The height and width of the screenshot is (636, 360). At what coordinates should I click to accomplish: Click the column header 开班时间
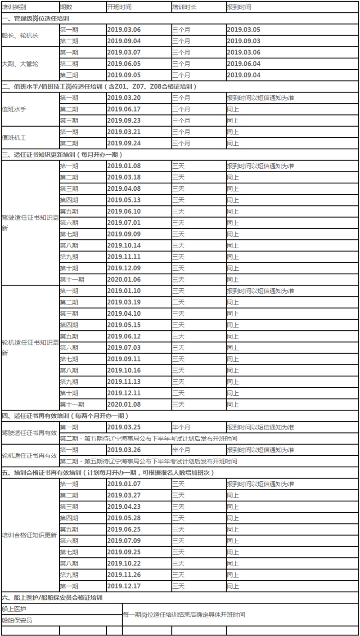pyautogui.click(x=119, y=7)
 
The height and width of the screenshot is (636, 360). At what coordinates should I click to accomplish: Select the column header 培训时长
pyautogui.click(x=184, y=7)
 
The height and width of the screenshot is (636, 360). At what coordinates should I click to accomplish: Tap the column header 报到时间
pyautogui.click(x=239, y=7)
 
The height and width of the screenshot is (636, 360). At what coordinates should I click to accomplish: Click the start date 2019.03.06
pyautogui.click(x=124, y=30)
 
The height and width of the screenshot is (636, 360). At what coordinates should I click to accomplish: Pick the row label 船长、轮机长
pyautogui.click(x=20, y=36)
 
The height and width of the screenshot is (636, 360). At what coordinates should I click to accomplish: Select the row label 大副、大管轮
pyautogui.click(x=20, y=64)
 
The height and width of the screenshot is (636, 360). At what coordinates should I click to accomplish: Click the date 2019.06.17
pyautogui.click(x=124, y=109)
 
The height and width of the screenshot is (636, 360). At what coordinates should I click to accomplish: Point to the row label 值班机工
pyautogui.click(x=14, y=138)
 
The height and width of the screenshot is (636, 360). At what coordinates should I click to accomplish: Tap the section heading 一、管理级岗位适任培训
pyautogui.click(x=36, y=18)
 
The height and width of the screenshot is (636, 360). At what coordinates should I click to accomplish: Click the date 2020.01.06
pyautogui.click(x=124, y=279)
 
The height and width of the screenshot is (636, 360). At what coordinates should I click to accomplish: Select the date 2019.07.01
pyautogui.click(x=124, y=223)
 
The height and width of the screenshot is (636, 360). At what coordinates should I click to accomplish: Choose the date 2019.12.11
pyautogui.click(x=124, y=393)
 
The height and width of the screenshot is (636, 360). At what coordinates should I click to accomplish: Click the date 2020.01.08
pyautogui.click(x=124, y=404)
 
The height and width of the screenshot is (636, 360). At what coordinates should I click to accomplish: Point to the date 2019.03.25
pyautogui.click(x=124, y=427)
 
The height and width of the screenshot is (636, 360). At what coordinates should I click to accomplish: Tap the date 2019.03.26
pyautogui.click(x=124, y=450)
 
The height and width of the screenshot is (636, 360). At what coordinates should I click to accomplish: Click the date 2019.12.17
pyautogui.click(x=124, y=586)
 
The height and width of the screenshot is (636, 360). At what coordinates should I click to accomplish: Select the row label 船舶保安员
pyautogui.click(x=17, y=620)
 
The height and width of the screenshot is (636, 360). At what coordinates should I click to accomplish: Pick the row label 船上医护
pyautogui.click(x=14, y=609)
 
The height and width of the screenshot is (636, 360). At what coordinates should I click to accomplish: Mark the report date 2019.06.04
pyautogui.click(x=243, y=64)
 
